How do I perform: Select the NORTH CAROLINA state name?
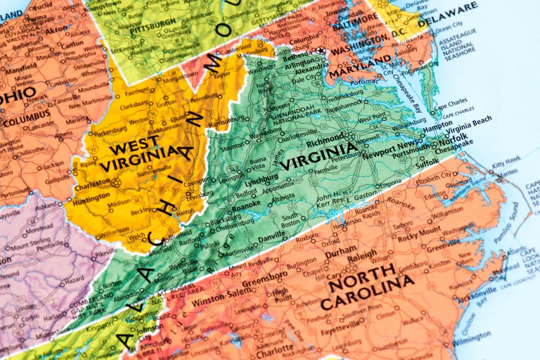coord(366,292)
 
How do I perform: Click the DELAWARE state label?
coord(447,14)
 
